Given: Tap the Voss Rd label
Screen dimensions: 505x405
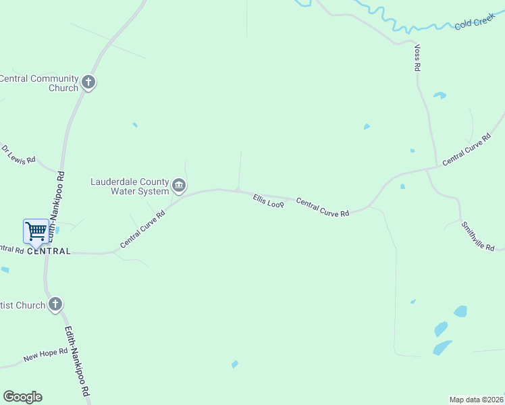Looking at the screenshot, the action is tap(418, 58).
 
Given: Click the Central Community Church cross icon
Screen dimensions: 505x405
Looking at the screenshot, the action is tap(88, 83).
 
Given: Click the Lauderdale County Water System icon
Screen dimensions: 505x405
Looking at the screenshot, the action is tap(179, 185).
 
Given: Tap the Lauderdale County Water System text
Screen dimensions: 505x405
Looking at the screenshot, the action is tap(130, 186).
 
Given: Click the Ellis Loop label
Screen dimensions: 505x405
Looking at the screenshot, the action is tap(268, 201).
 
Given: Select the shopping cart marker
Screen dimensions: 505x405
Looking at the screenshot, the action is tap(36, 232).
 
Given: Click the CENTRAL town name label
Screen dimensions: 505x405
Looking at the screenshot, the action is tap(50, 251).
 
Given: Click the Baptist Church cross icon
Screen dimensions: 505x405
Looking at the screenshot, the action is tap(55, 304).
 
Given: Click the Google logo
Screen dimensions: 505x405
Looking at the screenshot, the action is tap(22, 397).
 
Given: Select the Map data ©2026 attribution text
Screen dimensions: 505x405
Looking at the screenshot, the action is tap(476, 399).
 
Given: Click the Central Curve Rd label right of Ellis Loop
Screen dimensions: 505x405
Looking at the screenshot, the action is tap(323, 207).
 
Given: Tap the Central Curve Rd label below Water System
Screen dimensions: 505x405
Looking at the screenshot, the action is tap(142, 230).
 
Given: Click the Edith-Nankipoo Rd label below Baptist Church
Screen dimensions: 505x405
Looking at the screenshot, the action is tap(78, 362).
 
